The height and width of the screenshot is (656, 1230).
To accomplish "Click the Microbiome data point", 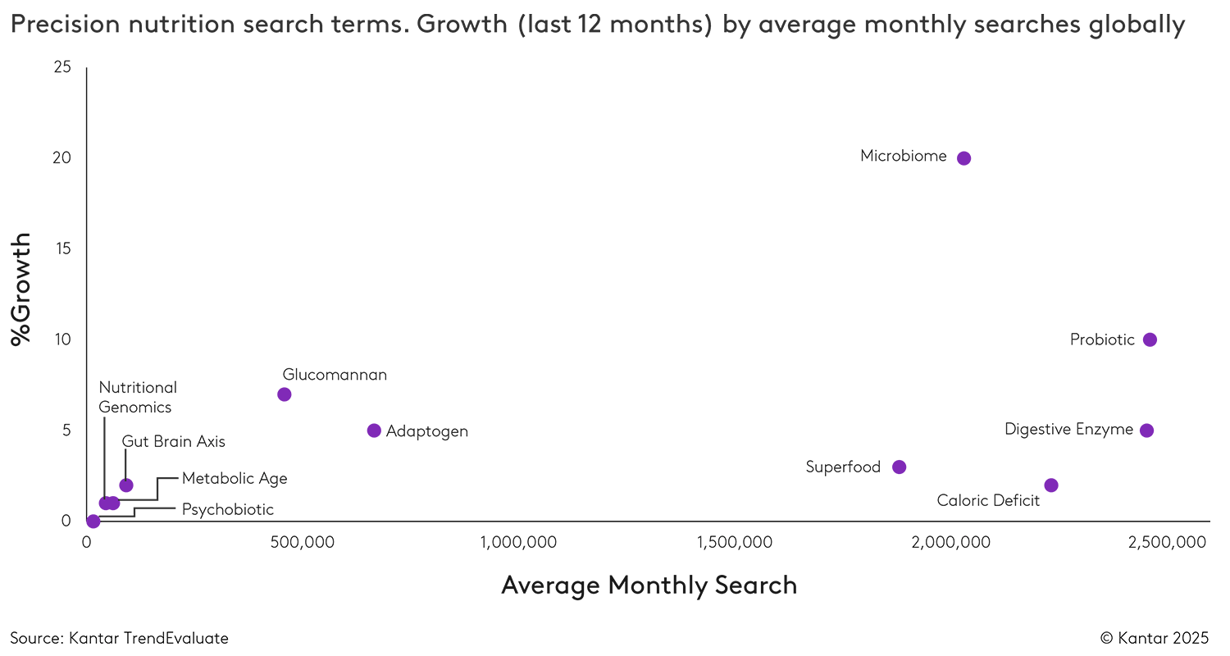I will pyautogui.click(x=963, y=158).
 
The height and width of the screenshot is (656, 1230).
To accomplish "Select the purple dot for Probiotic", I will pyautogui.click(x=1150, y=340).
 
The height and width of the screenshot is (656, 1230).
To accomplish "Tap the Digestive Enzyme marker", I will pyautogui.click(x=1146, y=430).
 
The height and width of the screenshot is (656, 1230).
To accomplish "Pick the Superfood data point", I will pyautogui.click(x=899, y=467).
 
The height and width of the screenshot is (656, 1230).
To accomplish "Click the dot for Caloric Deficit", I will pyautogui.click(x=1051, y=485).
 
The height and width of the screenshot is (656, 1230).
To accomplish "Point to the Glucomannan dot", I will pyautogui.click(x=285, y=394).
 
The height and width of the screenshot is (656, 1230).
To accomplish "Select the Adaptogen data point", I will pyautogui.click(x=374, y=430).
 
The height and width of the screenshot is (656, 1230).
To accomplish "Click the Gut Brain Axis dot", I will pyautogui.click(x=125, y=485).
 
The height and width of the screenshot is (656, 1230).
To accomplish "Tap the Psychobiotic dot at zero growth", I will pyautogui.click(x=93, y=522).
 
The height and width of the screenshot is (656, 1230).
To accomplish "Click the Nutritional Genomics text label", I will pyautogui.click(x=138, y=397).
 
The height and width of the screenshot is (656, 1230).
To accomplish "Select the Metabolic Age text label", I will pyautogui.click(x=235, y=478).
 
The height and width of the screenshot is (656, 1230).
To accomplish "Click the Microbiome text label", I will pyautogui.click(x=903, y=156).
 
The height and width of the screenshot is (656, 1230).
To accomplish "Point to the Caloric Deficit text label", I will pyautogui.click(x=988, y=501).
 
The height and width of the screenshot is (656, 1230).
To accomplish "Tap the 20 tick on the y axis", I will pyautogui.click(x=62, y=158).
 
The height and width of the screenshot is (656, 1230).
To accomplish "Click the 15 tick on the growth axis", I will pyautogui.click(x=62, y=249).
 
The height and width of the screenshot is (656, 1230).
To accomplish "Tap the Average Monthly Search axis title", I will pyautogui.click(x=649, y=585).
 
